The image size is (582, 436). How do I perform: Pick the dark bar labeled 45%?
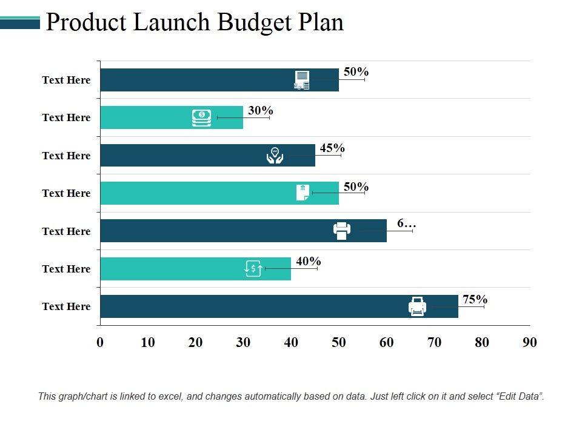click(182, 155)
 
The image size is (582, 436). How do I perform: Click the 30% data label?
click(261, 110)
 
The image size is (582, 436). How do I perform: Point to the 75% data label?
click(475, 299)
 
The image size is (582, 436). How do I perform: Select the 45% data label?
click(332, 148)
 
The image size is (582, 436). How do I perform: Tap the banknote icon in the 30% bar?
click(201, 117)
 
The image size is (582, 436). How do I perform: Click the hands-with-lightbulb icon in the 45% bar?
click(275, 155)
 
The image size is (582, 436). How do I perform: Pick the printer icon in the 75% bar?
click(418, 306)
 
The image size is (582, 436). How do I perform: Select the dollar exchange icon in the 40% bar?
click(253, 268)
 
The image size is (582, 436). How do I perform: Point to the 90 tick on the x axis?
click(529, 342)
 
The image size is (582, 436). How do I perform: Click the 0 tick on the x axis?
click(100, 342)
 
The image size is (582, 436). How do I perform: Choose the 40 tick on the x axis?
click(291, 342)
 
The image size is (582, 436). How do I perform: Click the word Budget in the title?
click(257, 22)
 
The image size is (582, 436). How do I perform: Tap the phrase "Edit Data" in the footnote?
click(519, 397)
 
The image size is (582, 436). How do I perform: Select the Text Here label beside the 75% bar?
click(66, 306)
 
